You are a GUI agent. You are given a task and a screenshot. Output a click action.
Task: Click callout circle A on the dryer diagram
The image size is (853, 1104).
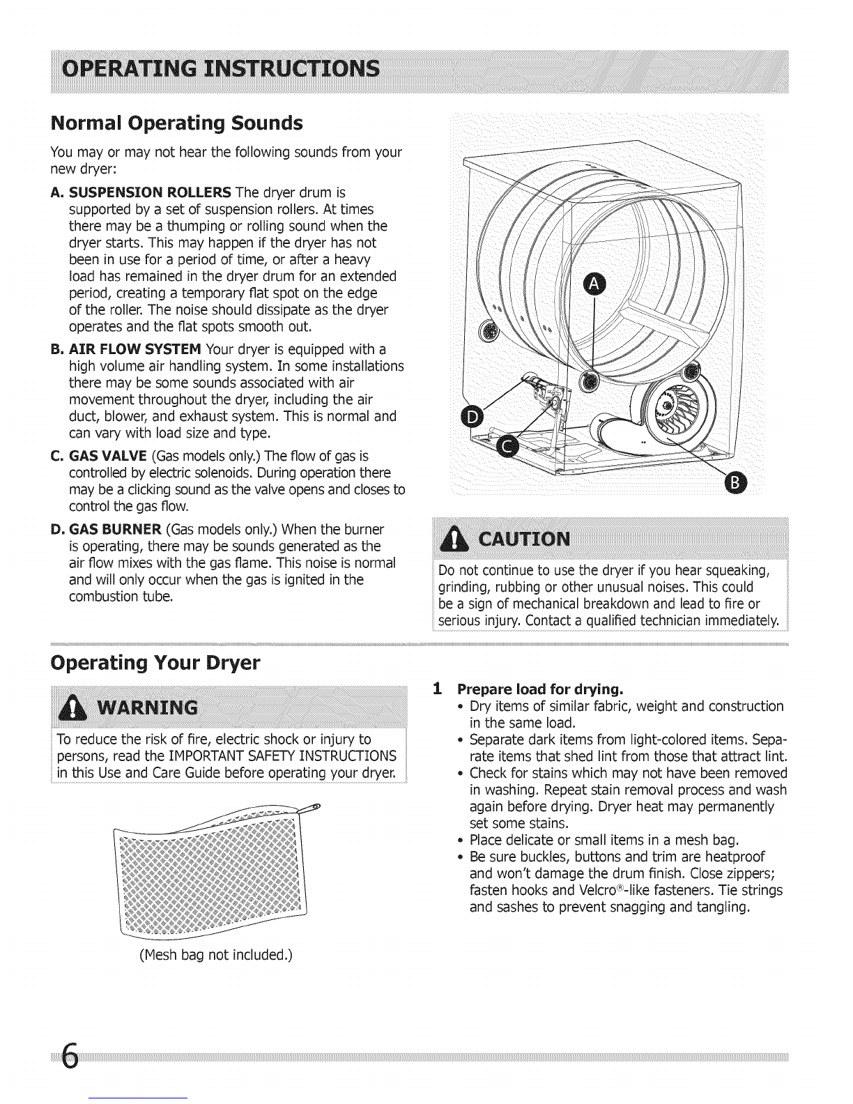(594, 286)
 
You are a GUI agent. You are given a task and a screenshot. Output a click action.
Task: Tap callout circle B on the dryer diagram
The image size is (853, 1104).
(735, 482)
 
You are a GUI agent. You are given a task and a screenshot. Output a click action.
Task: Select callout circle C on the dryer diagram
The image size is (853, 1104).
(507, 447)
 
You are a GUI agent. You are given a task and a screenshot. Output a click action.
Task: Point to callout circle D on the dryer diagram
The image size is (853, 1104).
(472, 418)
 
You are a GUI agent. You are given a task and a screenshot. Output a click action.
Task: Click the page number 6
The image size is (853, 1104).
(70, 1056)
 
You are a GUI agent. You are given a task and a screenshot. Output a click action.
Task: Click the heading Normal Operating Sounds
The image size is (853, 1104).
(177, 123)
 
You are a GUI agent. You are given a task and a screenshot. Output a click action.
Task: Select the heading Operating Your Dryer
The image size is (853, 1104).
(155, 663)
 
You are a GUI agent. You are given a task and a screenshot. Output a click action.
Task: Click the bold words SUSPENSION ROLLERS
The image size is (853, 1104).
(150, 192)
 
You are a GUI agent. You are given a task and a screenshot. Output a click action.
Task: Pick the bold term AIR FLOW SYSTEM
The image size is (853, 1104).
(135, 349)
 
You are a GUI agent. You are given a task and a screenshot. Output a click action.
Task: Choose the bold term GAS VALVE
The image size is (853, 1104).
(108, 456)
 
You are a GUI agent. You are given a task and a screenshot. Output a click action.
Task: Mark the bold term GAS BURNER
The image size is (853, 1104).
(115, 530)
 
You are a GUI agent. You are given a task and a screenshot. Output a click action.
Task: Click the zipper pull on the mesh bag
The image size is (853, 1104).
(310, 807)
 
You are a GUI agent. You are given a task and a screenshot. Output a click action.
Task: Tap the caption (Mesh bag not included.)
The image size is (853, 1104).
(216, 955)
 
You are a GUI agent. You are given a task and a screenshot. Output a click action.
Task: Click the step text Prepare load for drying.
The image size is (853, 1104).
(540, 689)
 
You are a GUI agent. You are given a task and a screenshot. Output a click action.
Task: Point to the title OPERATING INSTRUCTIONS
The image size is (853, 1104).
(220, 68)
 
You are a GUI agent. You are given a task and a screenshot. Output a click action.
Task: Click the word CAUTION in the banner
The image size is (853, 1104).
(524, 539)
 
